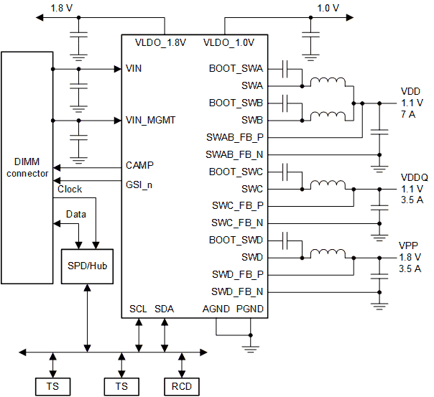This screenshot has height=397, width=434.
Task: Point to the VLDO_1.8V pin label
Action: point(160,42)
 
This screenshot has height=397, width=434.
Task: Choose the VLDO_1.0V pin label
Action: point(228,42)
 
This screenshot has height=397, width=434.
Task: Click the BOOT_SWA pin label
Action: point(236,69)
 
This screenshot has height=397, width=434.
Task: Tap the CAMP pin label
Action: point(139,165)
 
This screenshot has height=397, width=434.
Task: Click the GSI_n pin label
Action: point(139,184)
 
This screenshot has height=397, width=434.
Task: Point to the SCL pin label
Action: point(138,309)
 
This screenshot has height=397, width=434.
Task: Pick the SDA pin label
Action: point(165,309)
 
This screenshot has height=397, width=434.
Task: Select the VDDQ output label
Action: point(413,177)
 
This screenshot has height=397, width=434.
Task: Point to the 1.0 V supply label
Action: point(327,9)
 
